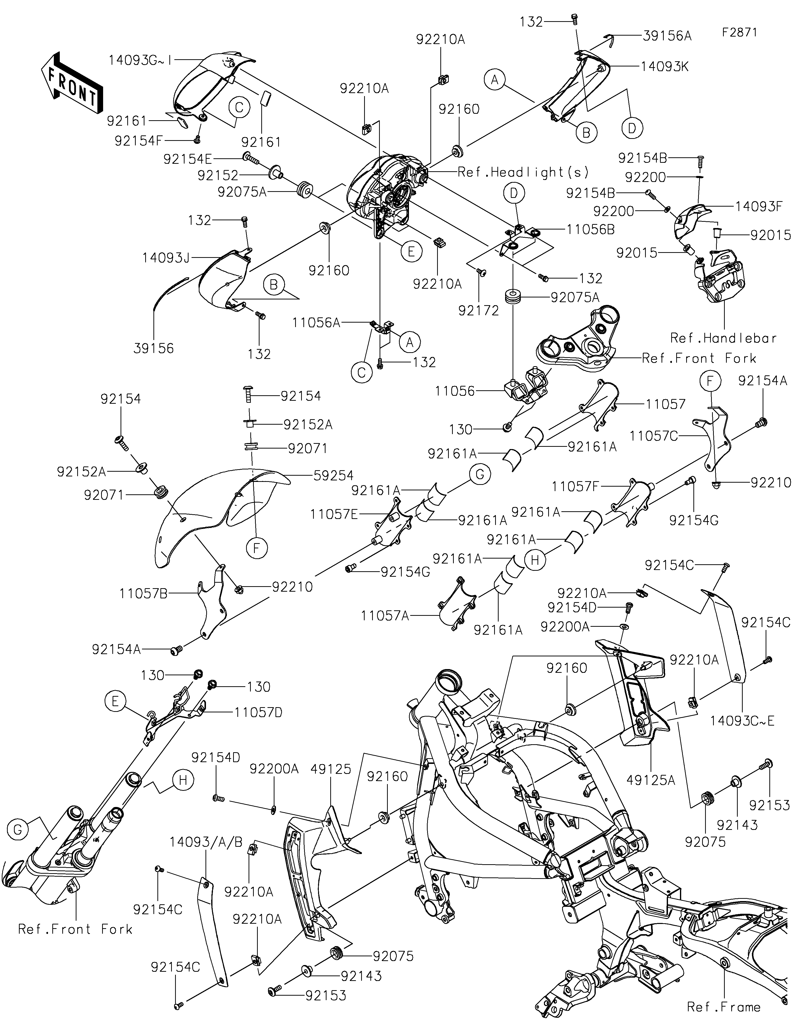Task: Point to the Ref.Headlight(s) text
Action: [524, 172]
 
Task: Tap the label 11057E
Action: [334, 514]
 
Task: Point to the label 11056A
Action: [316, 323]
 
